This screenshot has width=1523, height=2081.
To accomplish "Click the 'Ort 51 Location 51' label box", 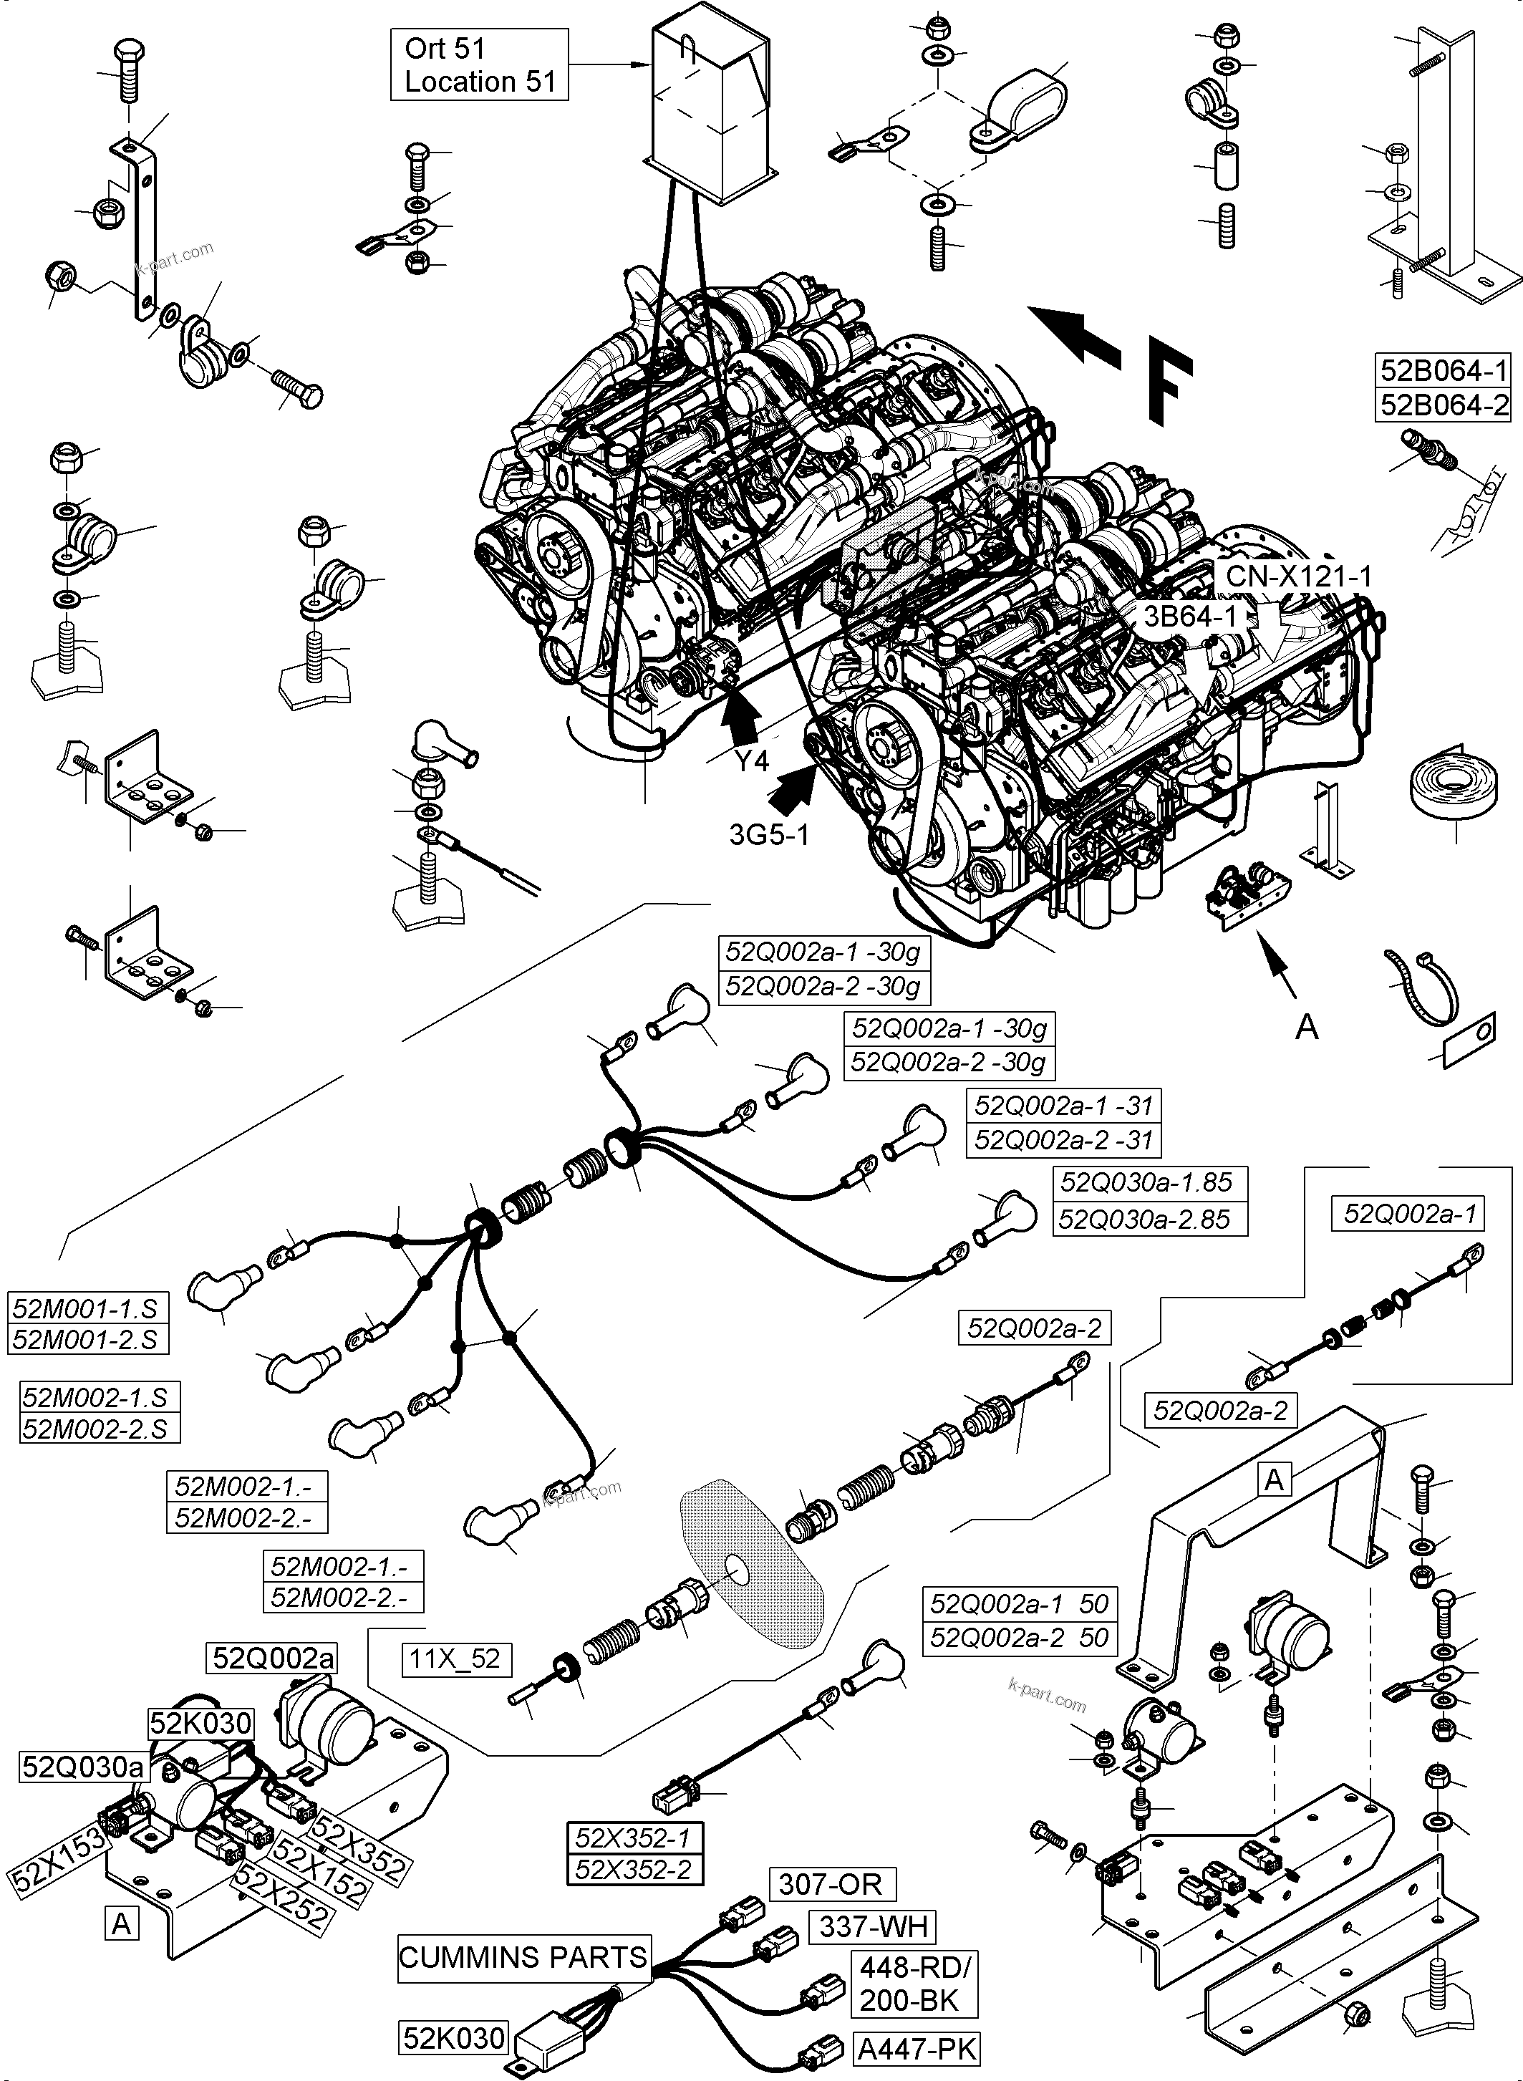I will [478, 64].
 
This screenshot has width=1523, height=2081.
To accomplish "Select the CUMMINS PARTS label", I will [523, 1956].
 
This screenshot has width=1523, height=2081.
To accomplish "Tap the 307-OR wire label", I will [831, 1883].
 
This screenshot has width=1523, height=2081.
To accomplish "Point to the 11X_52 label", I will [455, 1658].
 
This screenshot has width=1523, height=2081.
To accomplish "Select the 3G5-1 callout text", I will [768, 834].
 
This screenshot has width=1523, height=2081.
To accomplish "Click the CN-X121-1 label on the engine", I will [1298, 576].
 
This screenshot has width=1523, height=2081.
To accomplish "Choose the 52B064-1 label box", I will [1444, 371].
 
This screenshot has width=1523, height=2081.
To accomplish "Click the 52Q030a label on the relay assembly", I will [84, 1767].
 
